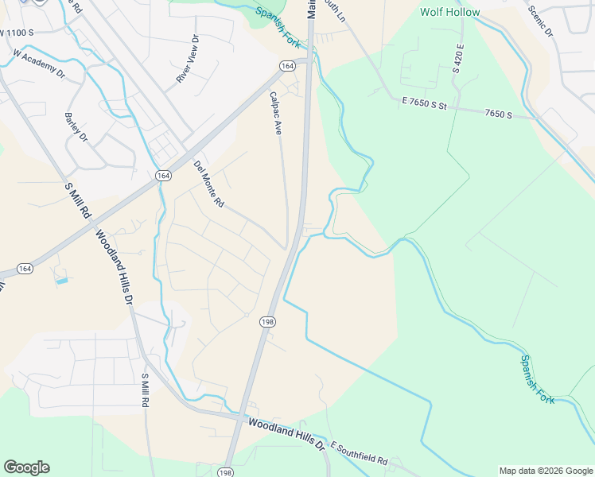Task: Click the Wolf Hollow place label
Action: (x=450, y=12)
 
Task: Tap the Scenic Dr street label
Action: (x=539, y=21)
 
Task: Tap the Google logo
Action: (x=26, y=467)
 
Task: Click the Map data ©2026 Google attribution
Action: (x=545, y=471)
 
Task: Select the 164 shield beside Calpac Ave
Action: (x=286, y=66)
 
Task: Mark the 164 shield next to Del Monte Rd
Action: (x=163, y=175)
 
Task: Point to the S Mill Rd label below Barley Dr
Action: (x=79, y=201)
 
